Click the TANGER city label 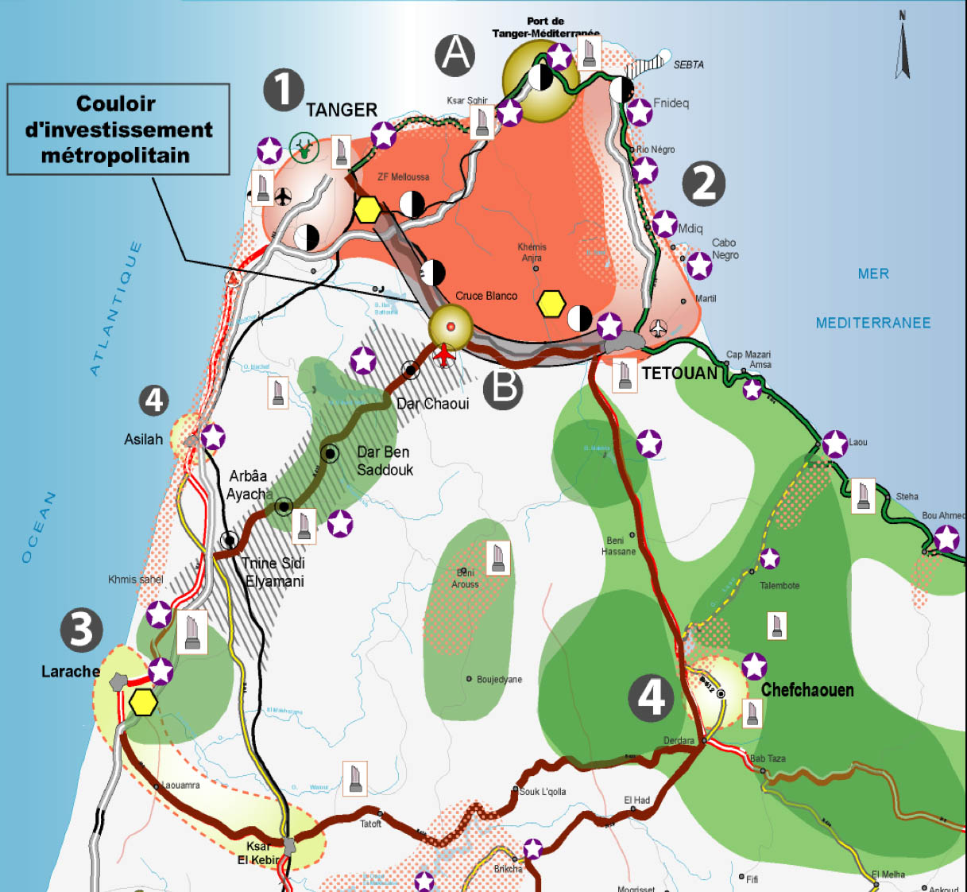pos(342,110)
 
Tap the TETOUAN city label pos(679,373)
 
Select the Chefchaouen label pos(807,690)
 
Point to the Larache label pos(70,672)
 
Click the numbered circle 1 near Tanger pos(284,89)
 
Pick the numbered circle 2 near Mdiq pos(703,183)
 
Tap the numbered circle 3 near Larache pos(81,630)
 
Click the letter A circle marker pos(455,55)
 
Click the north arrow pos(903,45)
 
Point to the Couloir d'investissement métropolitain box pos(118,130)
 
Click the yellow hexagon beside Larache pos(143,703)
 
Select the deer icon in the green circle pos(304,147)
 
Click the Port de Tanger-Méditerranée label pos(545,27)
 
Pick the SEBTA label pos(688,64)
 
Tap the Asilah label pos(143,440)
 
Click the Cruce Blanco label pos(486,296)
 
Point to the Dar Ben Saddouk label pos(385,461)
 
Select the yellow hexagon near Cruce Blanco pos(551,304)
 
